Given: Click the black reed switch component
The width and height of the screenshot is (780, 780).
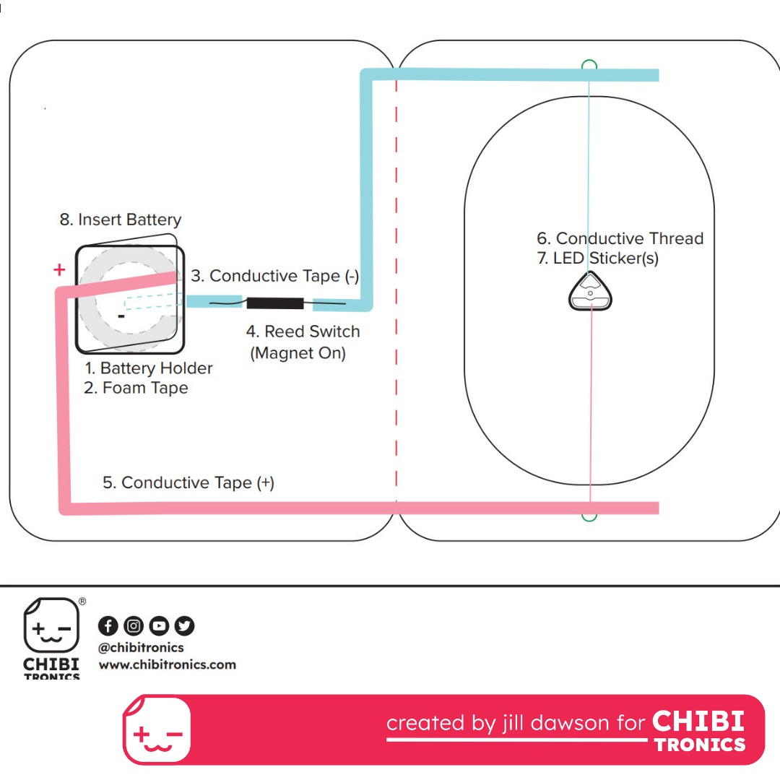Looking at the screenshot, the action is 275,303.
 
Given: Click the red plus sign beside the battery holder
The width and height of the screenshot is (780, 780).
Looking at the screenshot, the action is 59,269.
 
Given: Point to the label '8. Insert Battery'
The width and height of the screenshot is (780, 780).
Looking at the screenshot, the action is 121,220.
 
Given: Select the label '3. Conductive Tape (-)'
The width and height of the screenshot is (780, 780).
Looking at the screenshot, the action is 274,276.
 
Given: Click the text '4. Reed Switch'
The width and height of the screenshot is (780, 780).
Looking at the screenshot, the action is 303,331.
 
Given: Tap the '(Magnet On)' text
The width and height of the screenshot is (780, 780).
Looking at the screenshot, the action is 298,353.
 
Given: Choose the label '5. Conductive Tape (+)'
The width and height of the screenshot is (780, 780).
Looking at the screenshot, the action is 188,482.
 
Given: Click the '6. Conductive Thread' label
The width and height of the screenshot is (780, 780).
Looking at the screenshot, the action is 620,238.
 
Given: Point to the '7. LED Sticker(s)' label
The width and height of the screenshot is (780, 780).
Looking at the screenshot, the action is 598,258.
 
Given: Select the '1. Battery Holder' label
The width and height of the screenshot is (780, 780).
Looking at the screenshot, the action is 148,368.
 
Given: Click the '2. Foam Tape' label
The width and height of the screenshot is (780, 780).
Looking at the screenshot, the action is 136,388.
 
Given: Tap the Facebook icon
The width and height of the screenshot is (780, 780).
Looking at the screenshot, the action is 108,625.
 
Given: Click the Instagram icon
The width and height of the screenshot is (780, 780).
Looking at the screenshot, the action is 134,625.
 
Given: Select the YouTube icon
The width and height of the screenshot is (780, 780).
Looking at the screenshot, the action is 159,625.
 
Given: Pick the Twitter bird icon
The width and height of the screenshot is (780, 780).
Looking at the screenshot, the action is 185,625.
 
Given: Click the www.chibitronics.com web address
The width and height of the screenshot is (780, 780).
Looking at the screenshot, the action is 167,664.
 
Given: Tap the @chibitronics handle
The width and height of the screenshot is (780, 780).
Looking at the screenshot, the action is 141,648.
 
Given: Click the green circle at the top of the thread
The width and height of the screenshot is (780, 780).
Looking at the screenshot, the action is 589,65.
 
